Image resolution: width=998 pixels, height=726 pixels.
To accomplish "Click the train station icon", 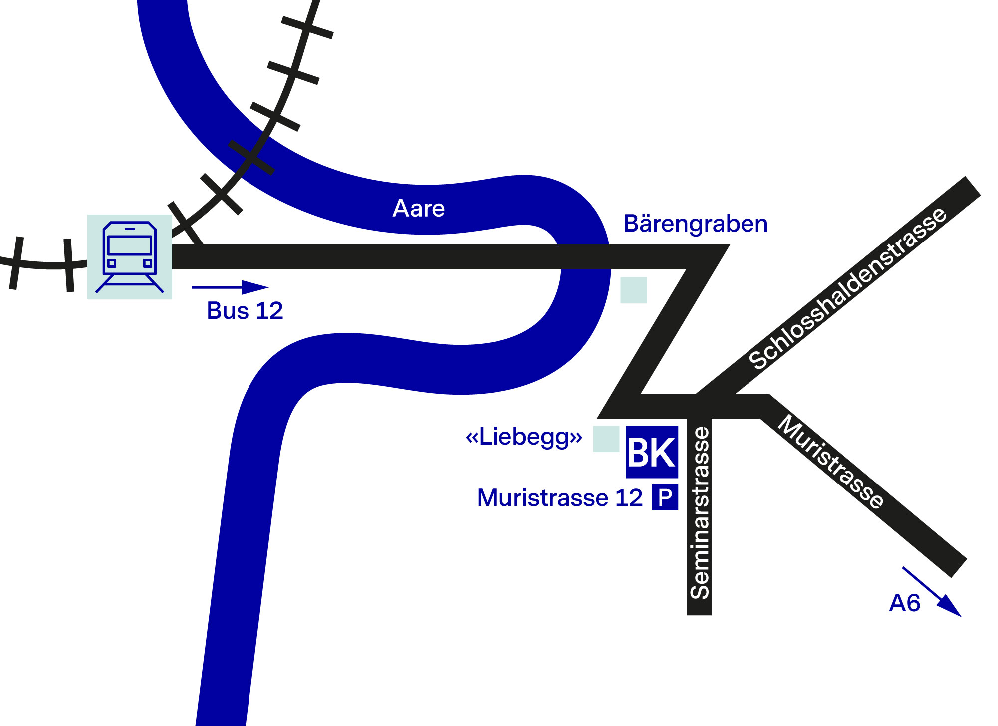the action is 130,257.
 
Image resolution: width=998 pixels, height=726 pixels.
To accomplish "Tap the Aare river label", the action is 418,209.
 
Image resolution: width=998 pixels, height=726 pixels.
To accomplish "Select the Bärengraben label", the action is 696,224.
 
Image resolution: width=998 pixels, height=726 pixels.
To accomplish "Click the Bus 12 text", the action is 245,311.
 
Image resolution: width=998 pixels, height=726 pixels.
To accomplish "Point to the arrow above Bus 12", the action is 230,287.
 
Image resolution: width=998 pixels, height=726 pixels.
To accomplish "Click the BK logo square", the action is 652,452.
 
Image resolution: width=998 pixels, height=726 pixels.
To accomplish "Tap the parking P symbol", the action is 665,497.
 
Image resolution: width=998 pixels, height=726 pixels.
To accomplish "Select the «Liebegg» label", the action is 524,437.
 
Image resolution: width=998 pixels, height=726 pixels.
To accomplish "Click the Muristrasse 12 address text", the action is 559,498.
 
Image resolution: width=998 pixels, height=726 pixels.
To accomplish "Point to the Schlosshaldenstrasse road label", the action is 847,288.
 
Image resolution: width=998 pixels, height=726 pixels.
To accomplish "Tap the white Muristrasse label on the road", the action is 831,461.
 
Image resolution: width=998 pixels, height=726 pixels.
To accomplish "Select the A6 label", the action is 904,603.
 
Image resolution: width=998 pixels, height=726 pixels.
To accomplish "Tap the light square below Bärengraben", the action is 634,290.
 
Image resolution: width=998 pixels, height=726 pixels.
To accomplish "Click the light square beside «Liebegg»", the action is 606,439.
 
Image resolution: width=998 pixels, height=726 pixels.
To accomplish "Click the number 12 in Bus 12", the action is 269,311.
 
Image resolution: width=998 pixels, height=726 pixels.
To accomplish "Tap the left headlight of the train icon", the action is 112,263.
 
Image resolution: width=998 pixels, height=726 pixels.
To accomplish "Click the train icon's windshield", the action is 130,245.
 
